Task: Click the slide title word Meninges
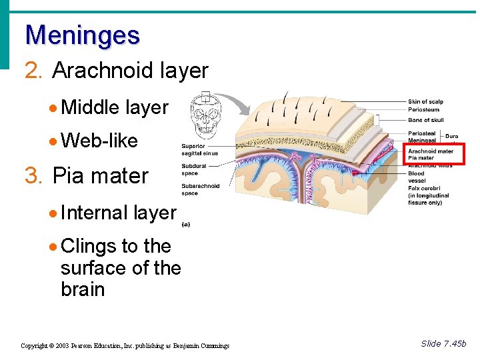coord(82,35)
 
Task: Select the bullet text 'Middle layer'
coord(114,107)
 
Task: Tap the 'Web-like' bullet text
coord(99,141)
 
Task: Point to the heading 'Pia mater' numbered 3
coord(100,176)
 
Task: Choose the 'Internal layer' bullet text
coord(118,213)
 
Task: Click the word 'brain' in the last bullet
coord(83,289)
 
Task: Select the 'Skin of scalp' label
coord(425,102)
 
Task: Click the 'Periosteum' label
coord(423,110)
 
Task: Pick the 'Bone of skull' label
coord(425,120)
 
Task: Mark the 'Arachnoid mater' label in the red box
coord(431,151)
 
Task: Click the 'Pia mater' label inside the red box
coord(421,158)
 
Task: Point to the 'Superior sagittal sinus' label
coord(199,150)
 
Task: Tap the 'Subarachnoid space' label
coord(200,190)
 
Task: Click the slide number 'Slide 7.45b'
coord(443,343)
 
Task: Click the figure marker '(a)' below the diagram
coord(185,225)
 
